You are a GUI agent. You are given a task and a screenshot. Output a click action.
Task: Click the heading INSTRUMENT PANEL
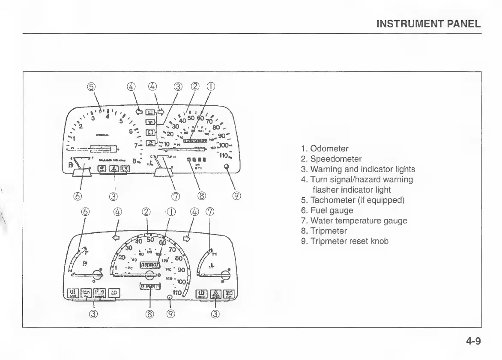pos(428,24)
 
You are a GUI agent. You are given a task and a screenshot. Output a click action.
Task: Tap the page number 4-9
pos(473,341)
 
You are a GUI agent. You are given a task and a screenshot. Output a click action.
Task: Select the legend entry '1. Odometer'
pos(325,149)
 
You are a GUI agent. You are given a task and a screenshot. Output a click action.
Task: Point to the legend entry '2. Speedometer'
pos(331,159)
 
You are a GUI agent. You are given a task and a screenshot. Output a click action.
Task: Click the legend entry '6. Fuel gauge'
pos(327,211)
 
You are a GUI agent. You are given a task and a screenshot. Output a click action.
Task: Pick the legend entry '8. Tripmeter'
pos(324,231)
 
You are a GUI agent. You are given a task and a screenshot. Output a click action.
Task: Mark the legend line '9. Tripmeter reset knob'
pos(344,241)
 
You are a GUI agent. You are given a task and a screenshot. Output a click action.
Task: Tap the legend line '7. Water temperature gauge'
pos(354,221)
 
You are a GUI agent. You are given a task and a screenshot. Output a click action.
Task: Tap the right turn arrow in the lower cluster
pos(186,238)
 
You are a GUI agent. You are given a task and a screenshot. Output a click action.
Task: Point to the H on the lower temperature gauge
pos(215,254)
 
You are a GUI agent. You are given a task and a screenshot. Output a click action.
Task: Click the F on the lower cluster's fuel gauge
pos(81,253)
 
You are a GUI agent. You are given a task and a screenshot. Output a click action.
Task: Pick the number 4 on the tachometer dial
pos(108,116)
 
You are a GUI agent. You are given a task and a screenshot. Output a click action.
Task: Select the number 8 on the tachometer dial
pos(134,162)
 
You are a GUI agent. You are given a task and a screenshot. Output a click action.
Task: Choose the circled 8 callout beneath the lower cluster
pos(150,315)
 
